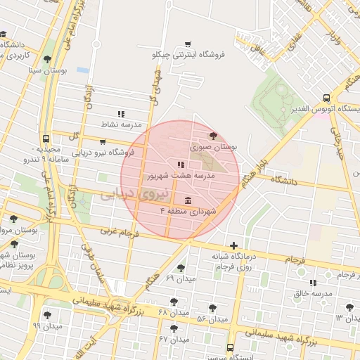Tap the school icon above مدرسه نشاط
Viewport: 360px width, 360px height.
click(x=121, y=113)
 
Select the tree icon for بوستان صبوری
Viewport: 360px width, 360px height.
click(x=213, y=136)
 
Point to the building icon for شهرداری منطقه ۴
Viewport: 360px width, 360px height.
click(x=186, y=200)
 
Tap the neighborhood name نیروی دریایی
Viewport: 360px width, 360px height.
click(x=136, y=193)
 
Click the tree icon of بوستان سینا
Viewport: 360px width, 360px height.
click(x=47, y=60)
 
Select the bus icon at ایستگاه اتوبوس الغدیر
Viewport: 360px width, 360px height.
click(x=326, y=99)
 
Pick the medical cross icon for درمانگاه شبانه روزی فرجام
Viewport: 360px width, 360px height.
click(x=233, y=245)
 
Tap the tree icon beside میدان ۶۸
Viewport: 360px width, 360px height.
click(x=174, y=302)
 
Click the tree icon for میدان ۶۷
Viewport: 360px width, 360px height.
click(x=174, y=328)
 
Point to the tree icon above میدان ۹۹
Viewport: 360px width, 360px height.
click(x=47, y=315)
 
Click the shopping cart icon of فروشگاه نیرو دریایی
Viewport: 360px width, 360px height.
click(x=103, y=141)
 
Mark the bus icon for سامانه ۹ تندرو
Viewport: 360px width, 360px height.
click(x=46, y=139)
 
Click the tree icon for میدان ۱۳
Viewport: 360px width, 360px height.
click(x=349, y=307)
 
